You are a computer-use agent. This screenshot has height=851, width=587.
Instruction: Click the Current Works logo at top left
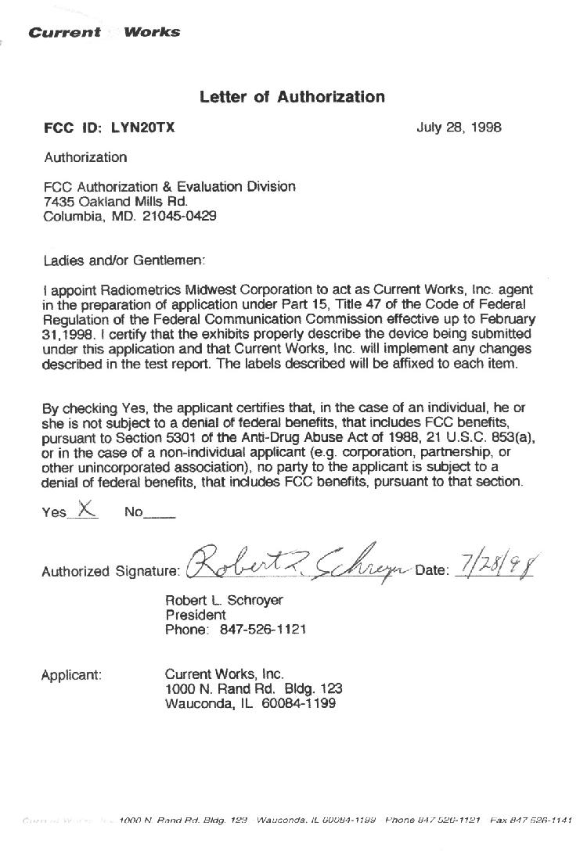pos(104,32)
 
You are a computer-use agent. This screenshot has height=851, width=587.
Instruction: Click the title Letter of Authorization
pos(292,97)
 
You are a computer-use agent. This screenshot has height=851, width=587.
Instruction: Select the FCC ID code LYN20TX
pos(143,127)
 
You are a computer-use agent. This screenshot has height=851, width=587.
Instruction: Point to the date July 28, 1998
pos(459,127)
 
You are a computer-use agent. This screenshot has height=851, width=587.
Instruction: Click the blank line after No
pos(160,514)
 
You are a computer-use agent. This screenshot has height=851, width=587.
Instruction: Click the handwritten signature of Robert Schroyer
pos(297,565)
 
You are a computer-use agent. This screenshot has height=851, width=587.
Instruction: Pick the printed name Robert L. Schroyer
pos(224,600)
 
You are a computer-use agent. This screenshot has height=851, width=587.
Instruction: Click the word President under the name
pos(195,615)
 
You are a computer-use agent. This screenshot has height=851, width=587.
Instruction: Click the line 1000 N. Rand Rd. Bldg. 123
pos(254,688)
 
